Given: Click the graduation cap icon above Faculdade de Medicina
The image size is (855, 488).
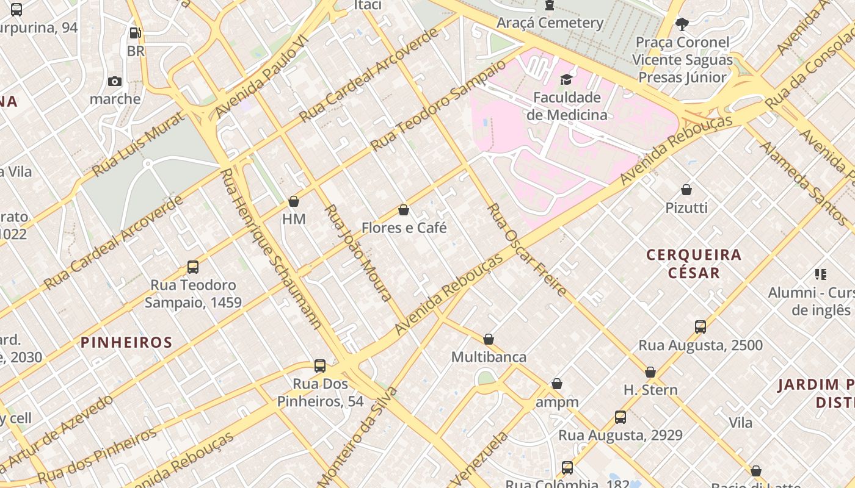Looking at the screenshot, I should tap(566, 80).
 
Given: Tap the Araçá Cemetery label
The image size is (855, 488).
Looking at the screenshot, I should tap(550, 23).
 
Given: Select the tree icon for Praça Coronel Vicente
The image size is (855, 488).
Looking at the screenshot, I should tap(682, 24).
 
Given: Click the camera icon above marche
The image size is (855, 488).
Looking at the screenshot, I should tap(115, 81).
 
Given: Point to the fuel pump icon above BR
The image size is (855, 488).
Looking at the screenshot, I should tap(136, 33).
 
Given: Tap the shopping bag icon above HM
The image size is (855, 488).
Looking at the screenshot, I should tap(294, 201).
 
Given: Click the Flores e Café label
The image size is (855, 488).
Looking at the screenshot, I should tap(404, 228).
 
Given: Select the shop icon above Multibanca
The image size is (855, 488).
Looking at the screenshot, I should tap(489, 339).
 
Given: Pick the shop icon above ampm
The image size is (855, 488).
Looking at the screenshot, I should tap(557, 384).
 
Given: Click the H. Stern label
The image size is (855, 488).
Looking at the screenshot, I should tap(650, 390).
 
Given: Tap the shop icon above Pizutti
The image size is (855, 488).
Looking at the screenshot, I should tap(686, 190).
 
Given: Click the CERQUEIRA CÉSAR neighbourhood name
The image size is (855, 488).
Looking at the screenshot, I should tap(694, 264).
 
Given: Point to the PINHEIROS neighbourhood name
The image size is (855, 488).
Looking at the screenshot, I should tap(127, 342).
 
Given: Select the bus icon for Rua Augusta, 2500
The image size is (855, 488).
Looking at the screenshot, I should tap(700, 327).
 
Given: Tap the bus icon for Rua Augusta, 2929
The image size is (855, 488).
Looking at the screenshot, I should tap(620, 417).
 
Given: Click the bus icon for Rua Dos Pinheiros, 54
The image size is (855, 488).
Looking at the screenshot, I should tap(320, 366).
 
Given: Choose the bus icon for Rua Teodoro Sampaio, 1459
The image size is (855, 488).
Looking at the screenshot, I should tap(193, 267).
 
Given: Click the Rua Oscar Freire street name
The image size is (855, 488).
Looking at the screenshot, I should tap(526, 250).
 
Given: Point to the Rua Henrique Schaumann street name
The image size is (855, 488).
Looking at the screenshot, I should tap(271, 248).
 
